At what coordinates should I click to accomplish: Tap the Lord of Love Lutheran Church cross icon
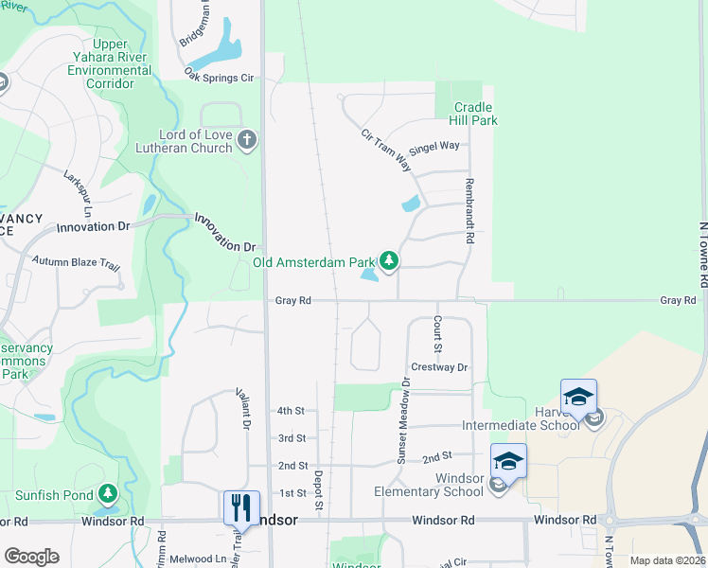pos(247,141)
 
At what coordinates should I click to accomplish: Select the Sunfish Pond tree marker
pos(108,494)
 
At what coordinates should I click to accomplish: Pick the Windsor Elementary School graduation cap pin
pos(508,461)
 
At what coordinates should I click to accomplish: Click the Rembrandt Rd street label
pos(468,211)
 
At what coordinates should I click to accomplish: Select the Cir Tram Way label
pos(387,150)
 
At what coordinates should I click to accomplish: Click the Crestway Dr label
pos(440,366)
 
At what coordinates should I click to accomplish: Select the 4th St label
pos(291,411)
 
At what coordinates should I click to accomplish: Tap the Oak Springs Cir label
pos(221,74)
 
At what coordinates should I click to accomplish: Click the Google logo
pos(31,557)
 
